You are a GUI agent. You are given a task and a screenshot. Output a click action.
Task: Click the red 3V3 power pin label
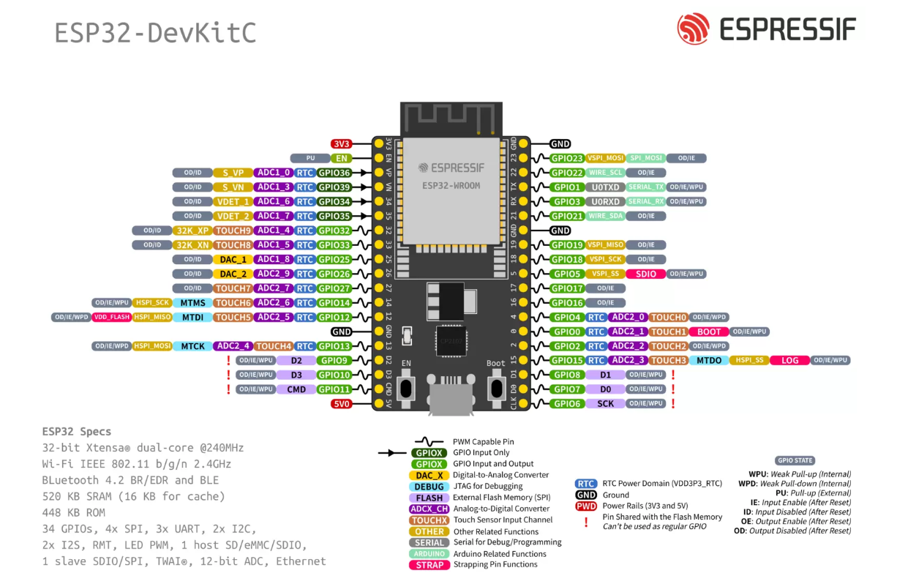tap(342, 144)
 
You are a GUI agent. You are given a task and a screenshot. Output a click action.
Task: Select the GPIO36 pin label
tap(335, 173)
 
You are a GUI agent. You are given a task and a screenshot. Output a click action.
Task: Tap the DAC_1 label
tap(233, 259)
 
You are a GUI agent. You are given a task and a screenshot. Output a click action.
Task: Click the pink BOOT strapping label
tap(709, 332)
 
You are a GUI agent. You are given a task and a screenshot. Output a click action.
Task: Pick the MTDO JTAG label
tap(709, 360)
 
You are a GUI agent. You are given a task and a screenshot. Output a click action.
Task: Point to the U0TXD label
tap(605, 187)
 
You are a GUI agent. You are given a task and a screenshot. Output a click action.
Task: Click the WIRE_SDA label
tap(606, 216)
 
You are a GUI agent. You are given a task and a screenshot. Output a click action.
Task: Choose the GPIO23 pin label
tap(567, 158)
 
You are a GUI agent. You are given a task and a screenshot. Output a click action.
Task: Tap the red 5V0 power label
tap(342, 403)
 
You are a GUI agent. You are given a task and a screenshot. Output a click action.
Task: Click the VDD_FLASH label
tap(111, 317)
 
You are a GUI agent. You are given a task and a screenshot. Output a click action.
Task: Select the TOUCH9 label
tap(233, 231)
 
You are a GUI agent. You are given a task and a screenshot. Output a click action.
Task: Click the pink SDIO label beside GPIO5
tap(646, 274)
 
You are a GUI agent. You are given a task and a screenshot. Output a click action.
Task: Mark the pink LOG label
tap(790, 360)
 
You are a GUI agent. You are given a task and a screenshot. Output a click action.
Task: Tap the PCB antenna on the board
tap(449, 117)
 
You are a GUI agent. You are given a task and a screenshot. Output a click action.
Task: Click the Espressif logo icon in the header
tap(693, 29)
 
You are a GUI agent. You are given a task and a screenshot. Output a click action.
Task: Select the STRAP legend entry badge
tap(429, 565)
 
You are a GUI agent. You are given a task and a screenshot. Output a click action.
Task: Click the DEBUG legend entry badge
tap(429, 487)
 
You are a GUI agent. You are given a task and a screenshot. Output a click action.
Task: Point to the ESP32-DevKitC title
tap(156, 33)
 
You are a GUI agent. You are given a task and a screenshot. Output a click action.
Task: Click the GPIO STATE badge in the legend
tap(795, 460)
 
